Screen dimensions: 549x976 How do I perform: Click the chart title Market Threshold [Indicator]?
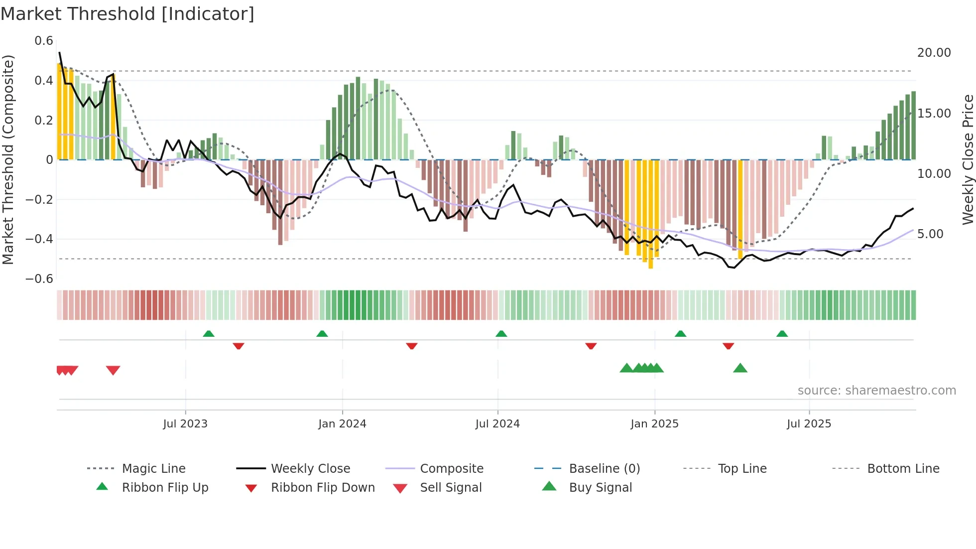[127, 14]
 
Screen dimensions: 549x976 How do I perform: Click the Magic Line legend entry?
[153, 469]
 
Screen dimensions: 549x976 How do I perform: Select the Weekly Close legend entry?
[310, 469]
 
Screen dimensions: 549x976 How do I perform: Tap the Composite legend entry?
[451, 469]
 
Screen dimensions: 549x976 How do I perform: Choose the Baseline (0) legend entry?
[604, 469]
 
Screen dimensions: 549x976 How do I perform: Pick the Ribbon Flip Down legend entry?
[322, 488]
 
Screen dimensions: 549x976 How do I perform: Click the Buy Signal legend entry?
[600, 488]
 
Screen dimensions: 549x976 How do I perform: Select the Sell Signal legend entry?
[450, 488]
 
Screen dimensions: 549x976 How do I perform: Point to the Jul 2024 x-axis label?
[497, 424]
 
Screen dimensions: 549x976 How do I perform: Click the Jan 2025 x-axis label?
[654, 424]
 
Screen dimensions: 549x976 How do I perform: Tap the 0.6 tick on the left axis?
[44, 41]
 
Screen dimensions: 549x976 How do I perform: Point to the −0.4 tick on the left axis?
[39, 239]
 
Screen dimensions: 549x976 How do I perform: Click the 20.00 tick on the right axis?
[934, 53]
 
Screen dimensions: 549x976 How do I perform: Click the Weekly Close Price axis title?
[968, 159]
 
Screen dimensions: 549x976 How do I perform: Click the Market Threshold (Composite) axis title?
[8, 159]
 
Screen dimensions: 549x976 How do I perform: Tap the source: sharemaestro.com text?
[876, 391]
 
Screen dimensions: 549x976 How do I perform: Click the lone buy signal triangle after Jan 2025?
[740, 369]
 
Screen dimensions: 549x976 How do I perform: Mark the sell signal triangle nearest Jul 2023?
[113, 370]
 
